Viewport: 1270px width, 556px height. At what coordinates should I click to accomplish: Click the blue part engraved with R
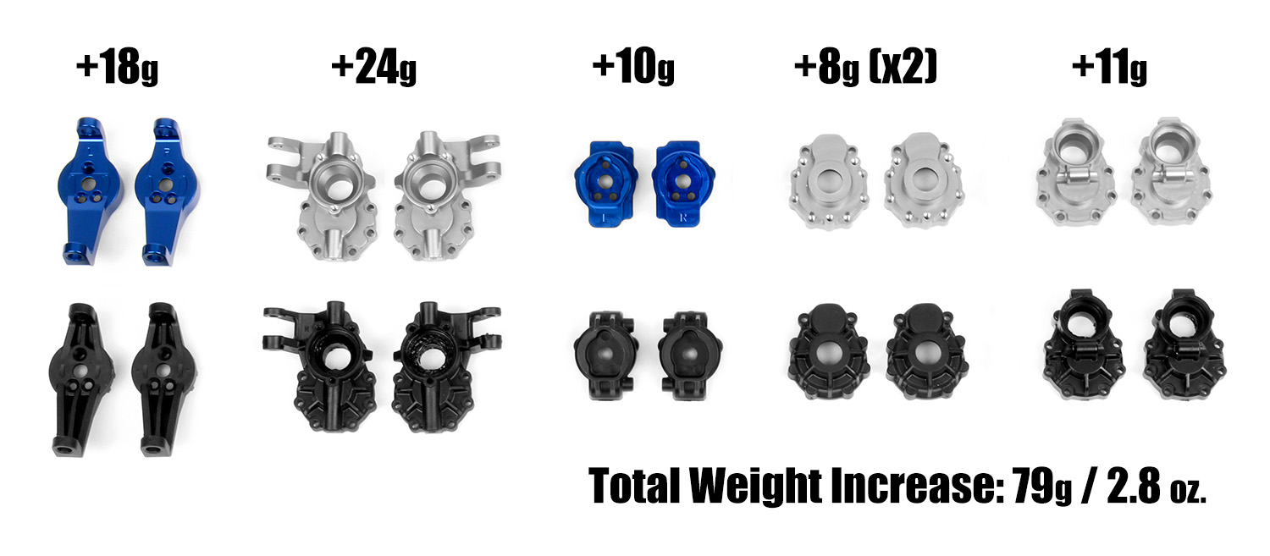682,183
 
